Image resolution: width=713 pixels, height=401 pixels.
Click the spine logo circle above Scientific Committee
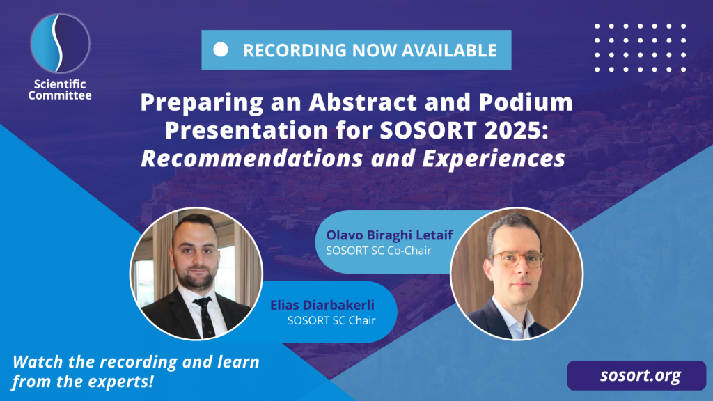(60, 44)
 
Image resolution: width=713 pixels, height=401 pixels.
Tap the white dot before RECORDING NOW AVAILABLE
(221, 49)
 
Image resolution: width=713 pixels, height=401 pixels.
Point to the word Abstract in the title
(363, 102)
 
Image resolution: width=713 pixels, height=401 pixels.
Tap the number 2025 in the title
(516, 130)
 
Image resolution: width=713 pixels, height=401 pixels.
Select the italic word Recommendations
(252, 159)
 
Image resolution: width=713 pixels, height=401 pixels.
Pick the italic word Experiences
(494, 159)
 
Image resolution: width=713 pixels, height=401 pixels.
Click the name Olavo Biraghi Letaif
(389, 235)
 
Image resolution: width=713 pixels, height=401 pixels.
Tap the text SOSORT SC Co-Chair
(378, 251)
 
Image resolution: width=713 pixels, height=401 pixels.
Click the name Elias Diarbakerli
(322, 305)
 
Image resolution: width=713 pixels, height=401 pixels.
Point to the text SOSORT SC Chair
(331, 320)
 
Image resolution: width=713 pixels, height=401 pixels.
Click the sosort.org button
(636, 375)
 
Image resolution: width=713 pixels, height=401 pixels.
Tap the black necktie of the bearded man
(205, 317)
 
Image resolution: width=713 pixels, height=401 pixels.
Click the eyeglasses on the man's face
(518, 259)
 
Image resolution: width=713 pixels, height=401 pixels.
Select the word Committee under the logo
(60, 95)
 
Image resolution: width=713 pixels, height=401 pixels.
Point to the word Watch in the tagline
(38, 362)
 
